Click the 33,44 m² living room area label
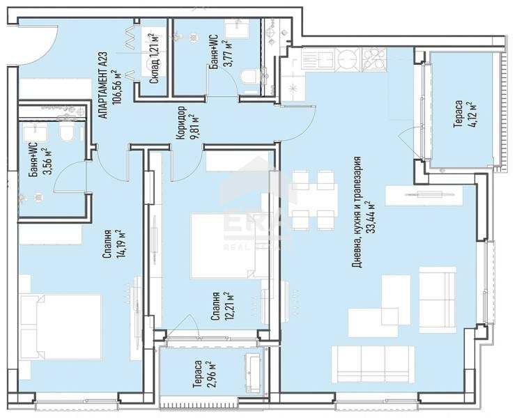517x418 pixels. click(364, 212)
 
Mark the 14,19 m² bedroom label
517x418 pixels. click(114, 245)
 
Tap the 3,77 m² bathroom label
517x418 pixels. click(221, 53)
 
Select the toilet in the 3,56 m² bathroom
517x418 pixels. click(67, 131)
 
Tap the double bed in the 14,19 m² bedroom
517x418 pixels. click(61, 327)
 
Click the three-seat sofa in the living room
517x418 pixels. click(373, 364)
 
